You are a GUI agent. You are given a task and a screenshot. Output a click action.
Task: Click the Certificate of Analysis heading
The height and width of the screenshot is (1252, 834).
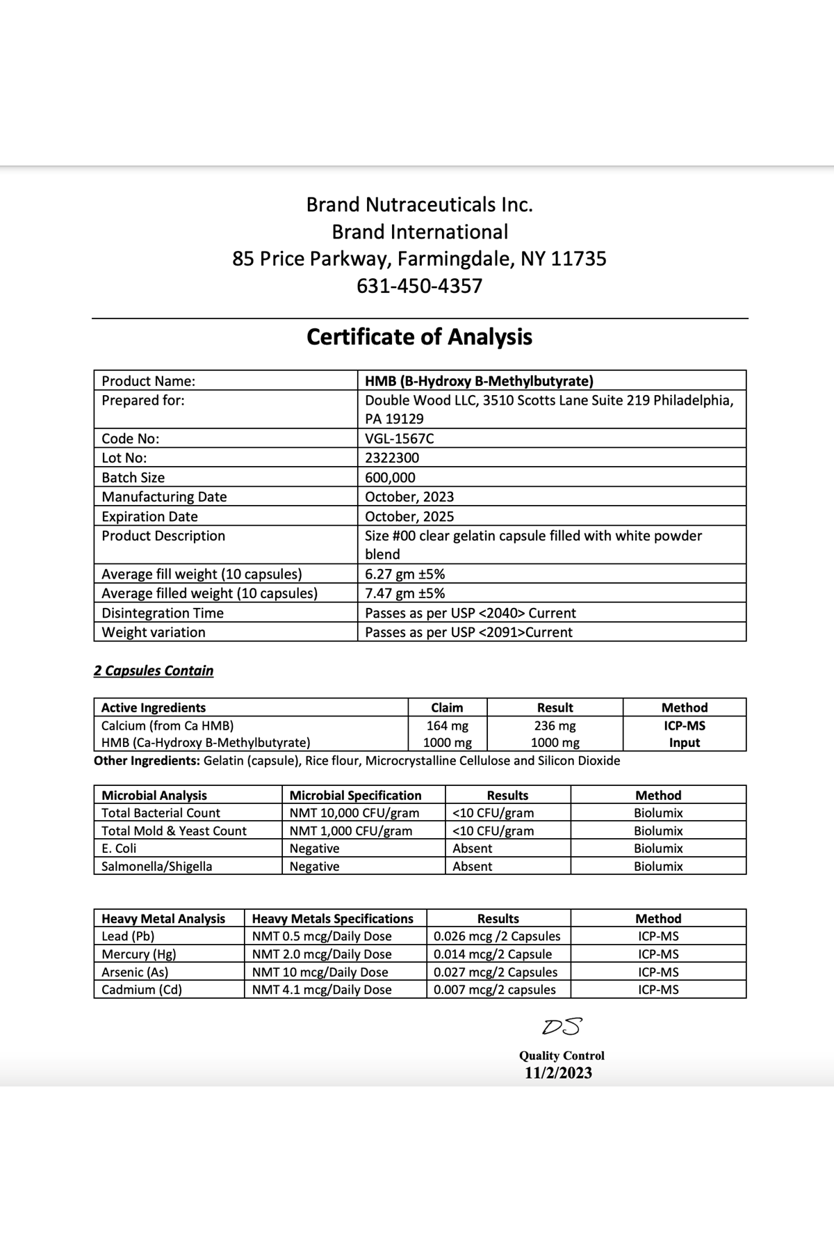click(419, 337)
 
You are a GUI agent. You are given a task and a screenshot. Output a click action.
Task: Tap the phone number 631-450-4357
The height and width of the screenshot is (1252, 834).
click(419, 286)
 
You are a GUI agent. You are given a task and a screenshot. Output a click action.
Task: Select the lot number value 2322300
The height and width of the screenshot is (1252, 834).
click(392, 458)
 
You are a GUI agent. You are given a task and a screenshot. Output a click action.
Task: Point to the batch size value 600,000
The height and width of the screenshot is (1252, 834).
click(390, 477)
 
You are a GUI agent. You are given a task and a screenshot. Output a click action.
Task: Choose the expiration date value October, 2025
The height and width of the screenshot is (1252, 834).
click(409, 516)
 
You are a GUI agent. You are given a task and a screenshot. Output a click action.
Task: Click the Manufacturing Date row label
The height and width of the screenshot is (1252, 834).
click(164, 497)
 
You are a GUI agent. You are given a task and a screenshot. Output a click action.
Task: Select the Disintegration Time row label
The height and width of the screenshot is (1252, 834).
click(163, 613)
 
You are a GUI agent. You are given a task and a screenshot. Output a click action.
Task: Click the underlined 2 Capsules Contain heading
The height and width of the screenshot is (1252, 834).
click(154, 671)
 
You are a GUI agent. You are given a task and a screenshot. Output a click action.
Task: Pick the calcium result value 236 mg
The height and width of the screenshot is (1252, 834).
click(555, 725)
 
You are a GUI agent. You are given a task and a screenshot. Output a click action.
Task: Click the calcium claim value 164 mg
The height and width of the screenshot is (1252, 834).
click(447, 725)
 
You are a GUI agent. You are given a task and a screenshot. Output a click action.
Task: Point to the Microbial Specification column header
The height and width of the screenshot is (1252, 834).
click(355, 795)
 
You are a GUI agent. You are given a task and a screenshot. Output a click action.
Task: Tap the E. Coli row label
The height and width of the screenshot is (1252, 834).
click(119, 848)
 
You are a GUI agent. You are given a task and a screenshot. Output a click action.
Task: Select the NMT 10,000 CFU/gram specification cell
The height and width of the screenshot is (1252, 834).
click(354, 812)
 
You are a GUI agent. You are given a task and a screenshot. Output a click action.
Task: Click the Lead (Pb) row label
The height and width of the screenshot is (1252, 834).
click(128, 936)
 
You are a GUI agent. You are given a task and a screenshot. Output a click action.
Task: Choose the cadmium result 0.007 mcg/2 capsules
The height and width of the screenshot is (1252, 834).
click(495, 989)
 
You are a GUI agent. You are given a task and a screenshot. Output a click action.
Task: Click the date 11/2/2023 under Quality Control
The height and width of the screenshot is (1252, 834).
click(558, 1073)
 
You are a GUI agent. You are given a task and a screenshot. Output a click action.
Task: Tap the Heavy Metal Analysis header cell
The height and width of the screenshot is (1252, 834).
click(163, 918)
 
